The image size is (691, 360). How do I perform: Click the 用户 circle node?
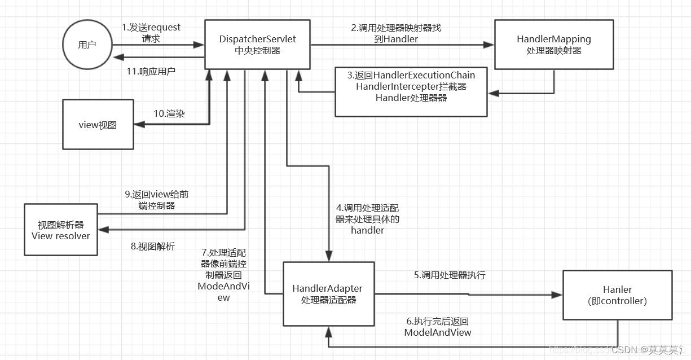click(x=87, y=45)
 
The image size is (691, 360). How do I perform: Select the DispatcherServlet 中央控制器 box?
click(x=257, y=45)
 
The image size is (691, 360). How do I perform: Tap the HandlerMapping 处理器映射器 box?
click(x=553, y=45)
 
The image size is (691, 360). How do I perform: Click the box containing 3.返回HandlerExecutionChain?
click(x=411, y=92)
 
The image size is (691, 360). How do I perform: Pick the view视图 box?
click(x=98, y=125)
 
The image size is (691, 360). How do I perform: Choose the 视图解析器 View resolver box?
click(x=61, y=230)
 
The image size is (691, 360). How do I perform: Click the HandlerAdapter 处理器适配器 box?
click(x=328, y=293)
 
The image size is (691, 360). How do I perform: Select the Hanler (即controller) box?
click(x=617, y=295)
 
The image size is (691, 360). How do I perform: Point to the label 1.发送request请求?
click(x=151, y=33)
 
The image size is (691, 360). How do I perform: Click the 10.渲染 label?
click(x=169, y=113)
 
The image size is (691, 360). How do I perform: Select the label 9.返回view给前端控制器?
click(x=156, y=200)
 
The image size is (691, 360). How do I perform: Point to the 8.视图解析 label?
click(x=152, y=246)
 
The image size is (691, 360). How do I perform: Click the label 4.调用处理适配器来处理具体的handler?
click(x=367, y=219)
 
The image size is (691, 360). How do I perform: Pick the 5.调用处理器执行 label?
click(x=450, y=275)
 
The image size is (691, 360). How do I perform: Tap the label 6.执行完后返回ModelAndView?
click(x=438, y=327)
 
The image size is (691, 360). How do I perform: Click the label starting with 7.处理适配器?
click(x=223, y=275)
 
